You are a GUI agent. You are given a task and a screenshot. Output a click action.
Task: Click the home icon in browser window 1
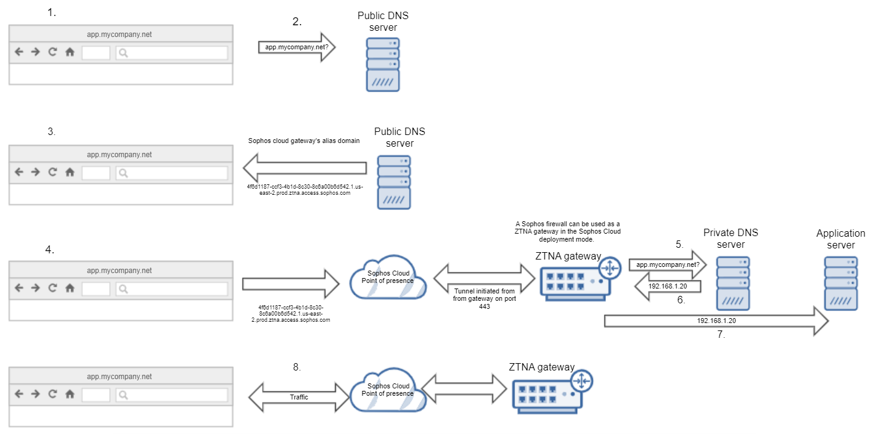click(70, 52)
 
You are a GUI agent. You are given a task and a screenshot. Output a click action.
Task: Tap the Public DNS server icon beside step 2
click(383, 64)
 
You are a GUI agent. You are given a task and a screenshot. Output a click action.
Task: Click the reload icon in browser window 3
click(52, 173)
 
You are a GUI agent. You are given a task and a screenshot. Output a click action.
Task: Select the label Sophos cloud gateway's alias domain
click(304, 141)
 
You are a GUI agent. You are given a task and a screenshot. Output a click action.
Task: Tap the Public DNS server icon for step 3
click(394, 182)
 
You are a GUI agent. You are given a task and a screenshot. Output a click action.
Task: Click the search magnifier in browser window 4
click(123, 288)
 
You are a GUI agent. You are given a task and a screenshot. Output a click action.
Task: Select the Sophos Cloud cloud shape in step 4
click(387, 277)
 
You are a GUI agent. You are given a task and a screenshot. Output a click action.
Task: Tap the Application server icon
click(842, 284)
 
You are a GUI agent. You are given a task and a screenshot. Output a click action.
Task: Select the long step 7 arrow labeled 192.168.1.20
click(715, 321)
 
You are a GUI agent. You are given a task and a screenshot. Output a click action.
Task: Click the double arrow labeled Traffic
click(299, 397)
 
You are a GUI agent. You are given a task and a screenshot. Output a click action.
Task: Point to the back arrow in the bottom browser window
click(18, 395)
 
